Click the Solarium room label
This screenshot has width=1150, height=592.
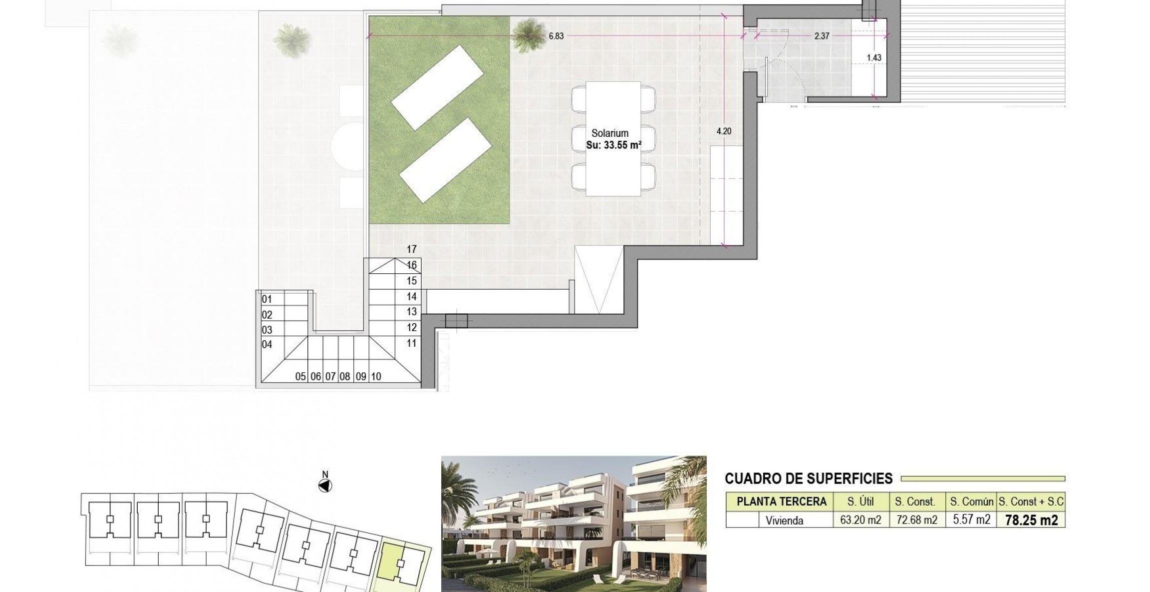point(609,133)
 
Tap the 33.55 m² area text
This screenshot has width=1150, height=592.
point(613,145)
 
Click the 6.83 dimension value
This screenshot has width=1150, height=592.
point(556,36)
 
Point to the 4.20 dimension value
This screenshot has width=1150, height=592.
point(724,131)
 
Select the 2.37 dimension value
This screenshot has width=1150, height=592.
point(822,36)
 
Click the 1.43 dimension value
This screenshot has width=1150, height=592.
point(874,57)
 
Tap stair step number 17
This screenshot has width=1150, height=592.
point(411,249)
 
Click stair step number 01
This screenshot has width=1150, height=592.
point(267,299)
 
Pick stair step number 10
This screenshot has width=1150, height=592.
point(376,377)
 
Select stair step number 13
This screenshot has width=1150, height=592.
point(411,312)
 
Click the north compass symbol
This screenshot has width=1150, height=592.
point(325,485)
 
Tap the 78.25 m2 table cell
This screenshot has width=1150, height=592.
point(1031,520)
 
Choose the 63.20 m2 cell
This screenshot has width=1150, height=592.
point(861,520)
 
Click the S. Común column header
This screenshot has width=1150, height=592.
point(971,502)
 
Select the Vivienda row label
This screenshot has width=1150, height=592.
point(784,521)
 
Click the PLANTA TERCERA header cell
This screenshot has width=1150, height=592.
point(781,502)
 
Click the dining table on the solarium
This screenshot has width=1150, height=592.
point(613,138)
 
